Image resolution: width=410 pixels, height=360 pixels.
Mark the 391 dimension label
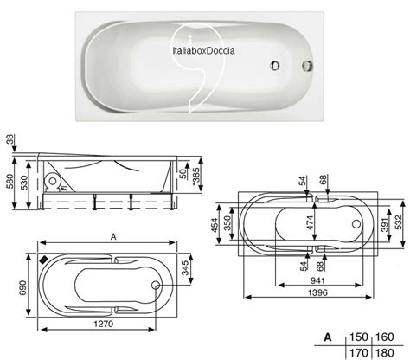pyautogui.click(x=384, y=223)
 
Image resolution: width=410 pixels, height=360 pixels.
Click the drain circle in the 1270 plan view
pyautogui.click(x=156, y=286)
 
